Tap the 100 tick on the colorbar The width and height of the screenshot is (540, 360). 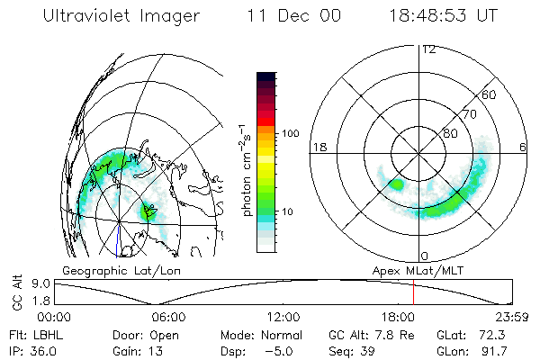coord(291,133)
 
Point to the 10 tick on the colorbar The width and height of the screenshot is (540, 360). coord(288,211)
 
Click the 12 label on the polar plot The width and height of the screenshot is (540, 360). coord(428,49)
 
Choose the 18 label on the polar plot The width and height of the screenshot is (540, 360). coord(318,147)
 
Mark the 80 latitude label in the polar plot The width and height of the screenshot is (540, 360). coord(450,134)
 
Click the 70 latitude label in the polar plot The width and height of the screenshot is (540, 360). coord(468,115)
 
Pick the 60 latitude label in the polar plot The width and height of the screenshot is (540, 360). coord(489,94)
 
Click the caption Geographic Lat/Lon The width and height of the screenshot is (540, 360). coord(108,269)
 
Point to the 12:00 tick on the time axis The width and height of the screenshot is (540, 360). coord(283,317)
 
